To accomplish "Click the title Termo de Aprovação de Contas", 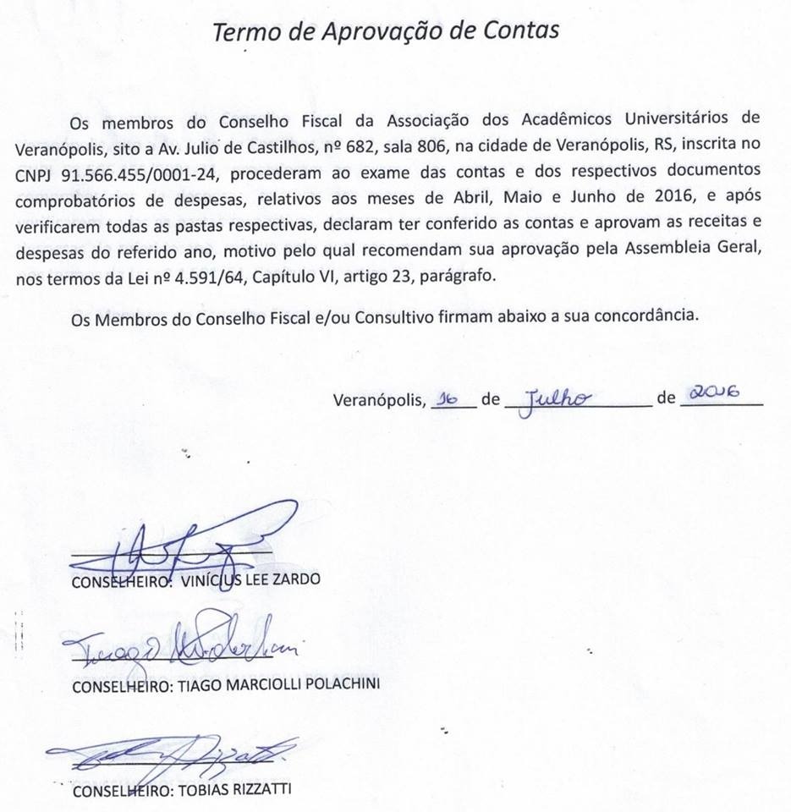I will [x=385, y=31].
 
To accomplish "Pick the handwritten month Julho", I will [x=557, y=397].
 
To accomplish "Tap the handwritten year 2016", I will [x=715, y=392].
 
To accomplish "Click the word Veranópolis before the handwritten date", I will [x=379, y=400].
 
